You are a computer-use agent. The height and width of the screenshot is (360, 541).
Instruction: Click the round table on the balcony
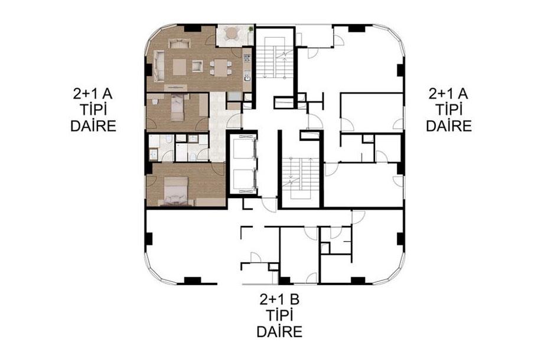(232, 33)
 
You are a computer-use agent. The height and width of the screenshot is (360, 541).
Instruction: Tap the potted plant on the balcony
(250, 29)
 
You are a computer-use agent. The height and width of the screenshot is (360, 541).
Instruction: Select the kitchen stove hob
(247, 57)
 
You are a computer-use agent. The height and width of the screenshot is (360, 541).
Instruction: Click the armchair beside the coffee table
(197, 66)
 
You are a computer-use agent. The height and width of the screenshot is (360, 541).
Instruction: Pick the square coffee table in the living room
(179, 67)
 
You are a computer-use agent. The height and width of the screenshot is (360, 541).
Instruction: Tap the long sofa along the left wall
(159, 66)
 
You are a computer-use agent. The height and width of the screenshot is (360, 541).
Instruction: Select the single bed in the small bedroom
(178, 107)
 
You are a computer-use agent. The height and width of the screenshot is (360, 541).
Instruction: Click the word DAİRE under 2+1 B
(279, 332)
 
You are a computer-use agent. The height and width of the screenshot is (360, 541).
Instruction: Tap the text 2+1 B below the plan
(279, 300)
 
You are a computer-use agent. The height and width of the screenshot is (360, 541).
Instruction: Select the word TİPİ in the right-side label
(448, 110)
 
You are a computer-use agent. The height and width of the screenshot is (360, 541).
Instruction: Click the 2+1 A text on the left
(93, 94)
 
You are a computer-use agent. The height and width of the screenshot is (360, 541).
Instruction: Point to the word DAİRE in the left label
(93, 126)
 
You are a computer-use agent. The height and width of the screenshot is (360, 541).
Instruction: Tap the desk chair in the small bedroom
(155, 102)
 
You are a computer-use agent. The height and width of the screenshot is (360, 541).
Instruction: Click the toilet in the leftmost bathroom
(168, 139)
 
